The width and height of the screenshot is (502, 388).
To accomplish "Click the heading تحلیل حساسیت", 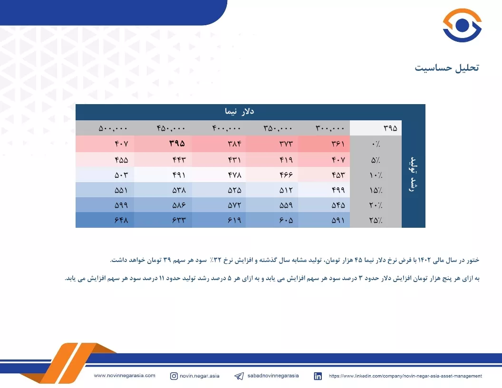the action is (x=446, y=68).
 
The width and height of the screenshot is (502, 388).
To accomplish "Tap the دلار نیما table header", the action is (x=239, y=111).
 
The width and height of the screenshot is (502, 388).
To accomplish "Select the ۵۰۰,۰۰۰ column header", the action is (x=113, y=128).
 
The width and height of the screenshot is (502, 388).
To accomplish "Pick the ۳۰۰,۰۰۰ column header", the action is (x=330, y=128).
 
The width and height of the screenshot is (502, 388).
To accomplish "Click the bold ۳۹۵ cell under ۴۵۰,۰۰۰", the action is (x=177, y=144).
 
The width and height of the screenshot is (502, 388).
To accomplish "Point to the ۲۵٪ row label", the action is (x=376, y=220).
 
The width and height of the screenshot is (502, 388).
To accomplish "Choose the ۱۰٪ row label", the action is (x=376, y=175).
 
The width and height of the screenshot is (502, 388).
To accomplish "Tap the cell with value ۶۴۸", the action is (x=121, y=220).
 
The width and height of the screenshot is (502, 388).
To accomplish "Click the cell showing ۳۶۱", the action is (x=338, y=144).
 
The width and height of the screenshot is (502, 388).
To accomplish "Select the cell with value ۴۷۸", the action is (x=235, y=175).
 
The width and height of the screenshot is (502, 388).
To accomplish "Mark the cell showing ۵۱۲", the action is (x=286, y=190).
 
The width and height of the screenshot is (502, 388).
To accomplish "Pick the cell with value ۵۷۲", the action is (x=234, y=205).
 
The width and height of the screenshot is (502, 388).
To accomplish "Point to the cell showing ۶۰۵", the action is (x=286, y=220).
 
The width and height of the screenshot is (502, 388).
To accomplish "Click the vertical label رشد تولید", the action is (x=413, y=174).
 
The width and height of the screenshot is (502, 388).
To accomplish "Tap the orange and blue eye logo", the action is (x=462, y=25).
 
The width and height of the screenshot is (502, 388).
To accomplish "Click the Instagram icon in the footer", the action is (x=174, y=376).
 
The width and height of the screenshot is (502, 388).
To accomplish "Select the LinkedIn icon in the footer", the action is (x=318, y=376).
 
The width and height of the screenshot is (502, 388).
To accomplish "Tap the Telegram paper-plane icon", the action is (x=239, y=376).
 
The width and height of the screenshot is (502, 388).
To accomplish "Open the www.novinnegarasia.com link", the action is (x=125, y=376).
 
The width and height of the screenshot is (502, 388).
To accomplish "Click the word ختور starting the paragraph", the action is (x=472, y=260).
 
